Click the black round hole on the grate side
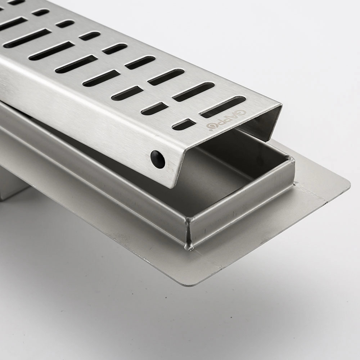[158, 158]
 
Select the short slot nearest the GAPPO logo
[184, 124]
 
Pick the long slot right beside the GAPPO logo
[223, 107]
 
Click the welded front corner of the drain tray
[190, 233]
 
